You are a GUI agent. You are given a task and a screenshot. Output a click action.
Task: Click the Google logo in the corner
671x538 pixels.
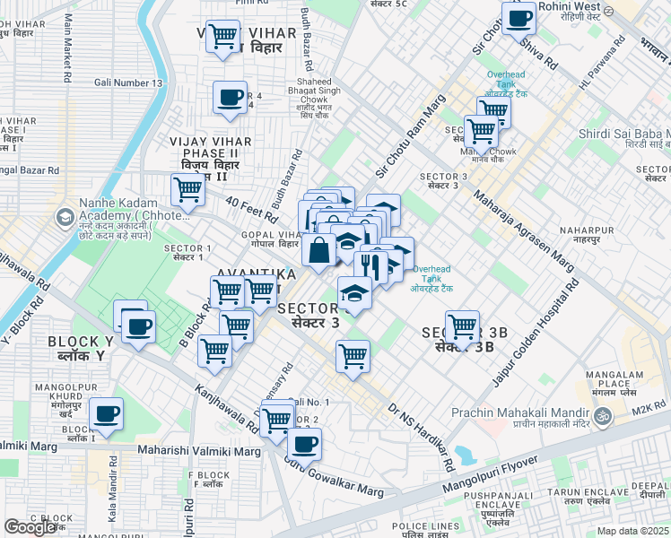[x=30, y=526]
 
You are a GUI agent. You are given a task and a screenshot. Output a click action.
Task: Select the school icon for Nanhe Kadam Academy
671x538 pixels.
[x=65, y=218]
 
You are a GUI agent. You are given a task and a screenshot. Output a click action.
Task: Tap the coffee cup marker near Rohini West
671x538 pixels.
[x=518, y=17]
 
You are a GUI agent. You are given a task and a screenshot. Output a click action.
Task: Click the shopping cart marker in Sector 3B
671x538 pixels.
[x=462, y=326]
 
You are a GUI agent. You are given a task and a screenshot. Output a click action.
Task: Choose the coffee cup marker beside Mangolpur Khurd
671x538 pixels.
[x=106, y=414]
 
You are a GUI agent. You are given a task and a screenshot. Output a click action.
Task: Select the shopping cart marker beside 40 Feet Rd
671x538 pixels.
[x=187, y=189]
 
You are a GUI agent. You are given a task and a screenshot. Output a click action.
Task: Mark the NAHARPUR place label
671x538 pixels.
[x=586, y=230]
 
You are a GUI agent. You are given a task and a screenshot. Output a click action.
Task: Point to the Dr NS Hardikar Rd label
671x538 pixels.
[x=420, y=435]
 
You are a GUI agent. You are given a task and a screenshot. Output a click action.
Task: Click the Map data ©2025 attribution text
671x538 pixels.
[x=633, y=531]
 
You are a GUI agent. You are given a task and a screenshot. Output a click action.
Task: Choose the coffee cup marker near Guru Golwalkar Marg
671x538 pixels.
[x=304, y=442]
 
